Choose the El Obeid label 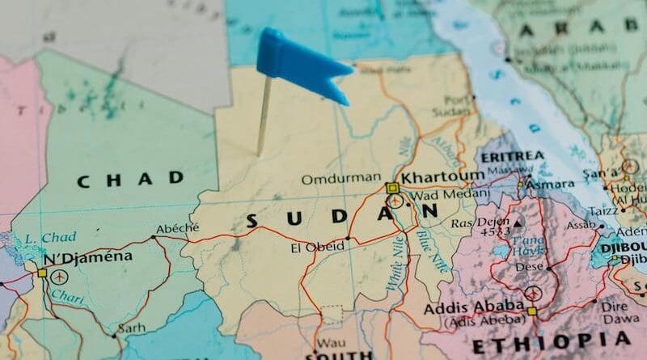[x=317, y=247]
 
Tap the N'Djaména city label [x=88, y=257]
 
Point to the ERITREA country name [x=512, y=156]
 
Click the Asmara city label [x=549, y=185]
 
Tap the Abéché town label [x=177, y=229]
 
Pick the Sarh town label [x=131, y=328]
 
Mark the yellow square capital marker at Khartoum [x=392, y=188]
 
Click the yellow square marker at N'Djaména [x=42, y=273]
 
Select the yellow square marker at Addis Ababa [x=531, y=311]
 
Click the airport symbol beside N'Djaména [x=59, y=276]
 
